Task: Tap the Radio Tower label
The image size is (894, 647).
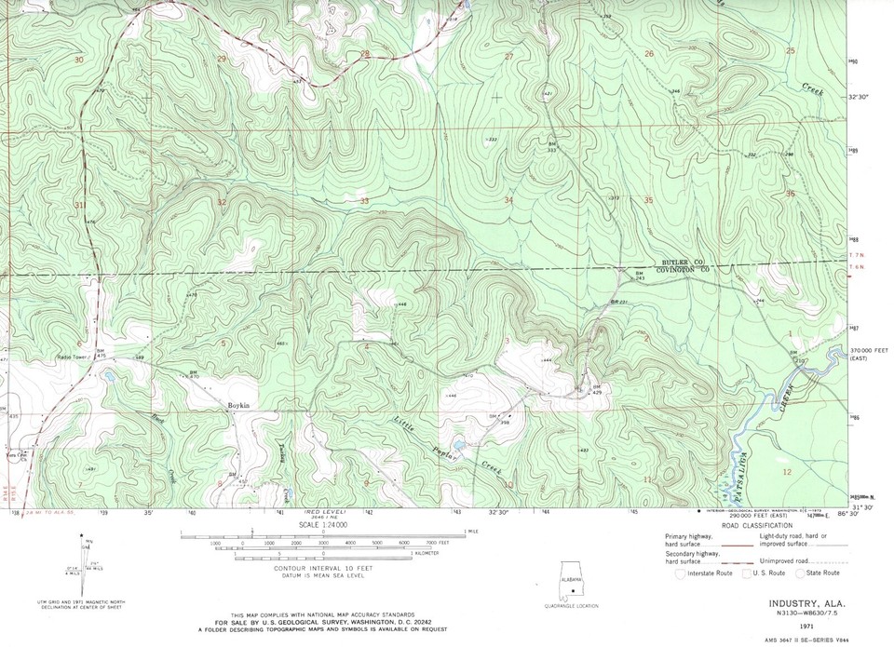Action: (72, 356)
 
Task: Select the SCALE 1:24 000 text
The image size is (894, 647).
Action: (322, 525)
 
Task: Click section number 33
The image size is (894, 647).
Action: (364, 200)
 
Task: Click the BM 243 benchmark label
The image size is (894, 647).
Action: (639, 276)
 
